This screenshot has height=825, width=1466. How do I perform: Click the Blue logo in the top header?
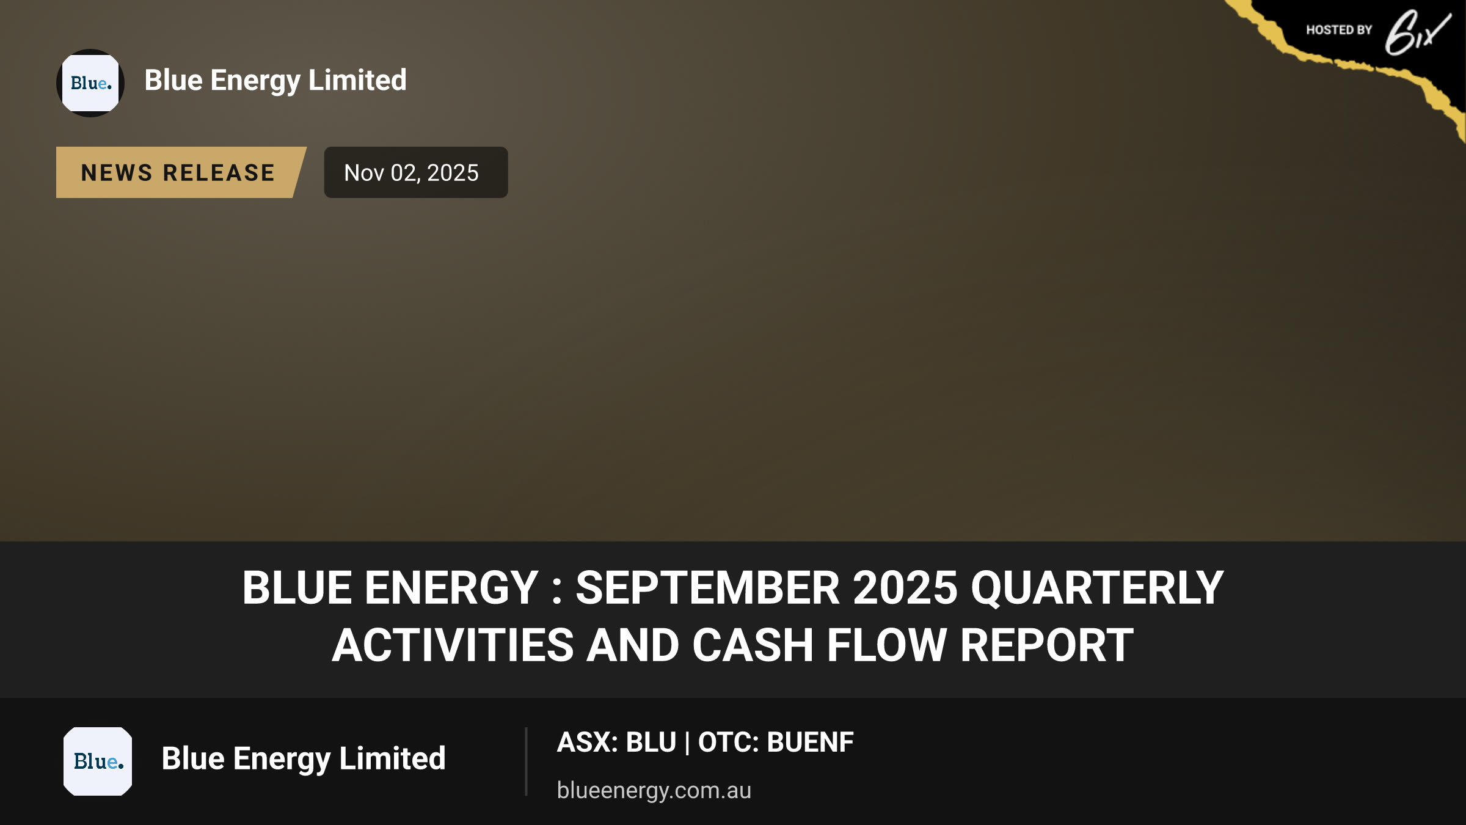[90, 83]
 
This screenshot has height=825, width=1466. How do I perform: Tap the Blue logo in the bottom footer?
[98, 761]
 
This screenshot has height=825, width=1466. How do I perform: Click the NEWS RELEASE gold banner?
[181, 172]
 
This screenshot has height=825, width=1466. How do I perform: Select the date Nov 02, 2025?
[412, 173]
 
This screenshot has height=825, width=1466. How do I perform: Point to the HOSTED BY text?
[1339, 30]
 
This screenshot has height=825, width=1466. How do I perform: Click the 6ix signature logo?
[1417, 32]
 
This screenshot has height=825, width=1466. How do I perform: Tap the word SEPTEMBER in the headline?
[707, 588]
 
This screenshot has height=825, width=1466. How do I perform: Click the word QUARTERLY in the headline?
[1097, 588]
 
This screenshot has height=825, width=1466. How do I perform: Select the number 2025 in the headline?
[905, 588]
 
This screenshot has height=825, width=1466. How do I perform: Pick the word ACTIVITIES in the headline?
[453, 645]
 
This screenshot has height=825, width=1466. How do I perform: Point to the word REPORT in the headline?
[1046, 645]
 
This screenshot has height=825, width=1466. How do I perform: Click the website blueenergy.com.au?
[654, 790]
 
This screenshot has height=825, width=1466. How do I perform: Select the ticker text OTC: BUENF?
[776, 743]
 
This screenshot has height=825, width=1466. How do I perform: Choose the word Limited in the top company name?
[357, 80]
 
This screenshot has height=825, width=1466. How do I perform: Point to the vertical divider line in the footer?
[526, 761]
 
